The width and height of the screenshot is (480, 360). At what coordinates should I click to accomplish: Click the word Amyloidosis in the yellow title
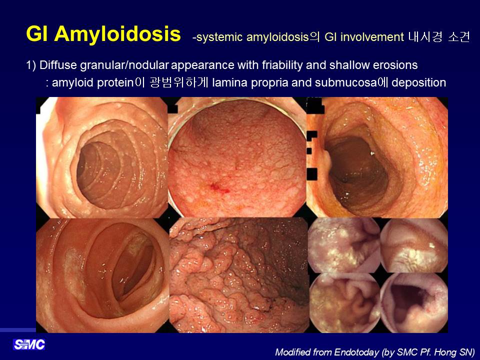click(117, 33)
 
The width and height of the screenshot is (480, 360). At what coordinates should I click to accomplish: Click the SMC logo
click(29, 344)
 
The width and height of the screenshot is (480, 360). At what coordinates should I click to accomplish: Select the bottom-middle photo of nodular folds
click(238, 275)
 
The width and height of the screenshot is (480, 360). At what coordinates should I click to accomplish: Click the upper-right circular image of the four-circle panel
click(414, 245)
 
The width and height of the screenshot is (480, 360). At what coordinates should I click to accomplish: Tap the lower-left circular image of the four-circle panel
click(344, 303)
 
